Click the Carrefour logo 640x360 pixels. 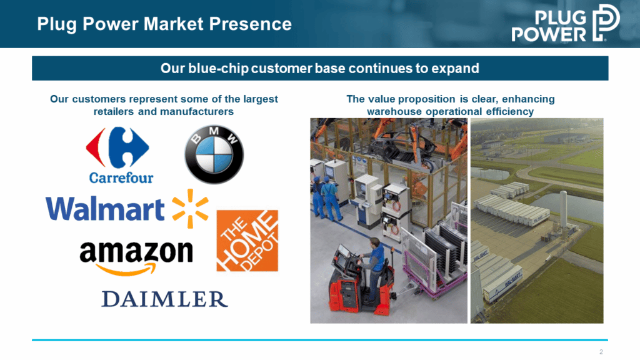tap(119, 155)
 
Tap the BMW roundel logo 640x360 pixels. tap(214, 154)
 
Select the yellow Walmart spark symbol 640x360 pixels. tap(190, 208)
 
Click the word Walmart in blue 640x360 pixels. tap(105, 209)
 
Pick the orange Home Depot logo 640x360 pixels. tap(247, 241)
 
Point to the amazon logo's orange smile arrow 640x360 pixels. tap(126, 269)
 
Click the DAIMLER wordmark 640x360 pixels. tap(164, 299)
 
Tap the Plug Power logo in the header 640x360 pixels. tap(566, 23)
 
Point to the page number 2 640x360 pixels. tap(601, 352)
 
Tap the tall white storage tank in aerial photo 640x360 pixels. tap(564, 210)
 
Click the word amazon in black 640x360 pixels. tap(136, 251)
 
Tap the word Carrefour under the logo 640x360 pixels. tap(121, 178)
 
